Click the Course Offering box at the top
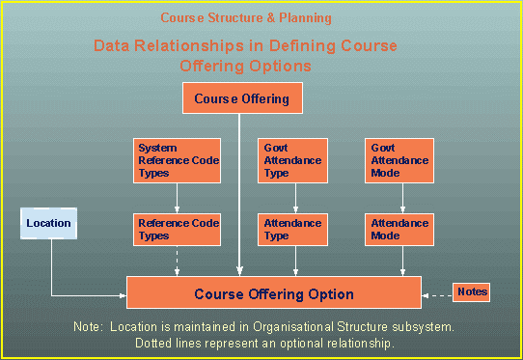pyautogui.click(x=242, y=98)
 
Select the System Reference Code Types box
pyautogui.click(x=178, y=160)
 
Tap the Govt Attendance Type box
pyautogui.click(x=295, y=160)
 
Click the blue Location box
pyautogui.click(x=48, y=224)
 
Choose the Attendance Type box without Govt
pyautogui.click(x=295, y=230)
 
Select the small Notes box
pyautogui.click(x=472, y=291)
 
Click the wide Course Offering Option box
pyautogui.click(x=274, y=293)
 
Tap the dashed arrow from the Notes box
pyautogui.click(x=439, y=291)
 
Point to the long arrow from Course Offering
pyautogui.click(x=242, y=193)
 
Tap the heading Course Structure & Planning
pyautogui.click(x=245, y=18)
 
